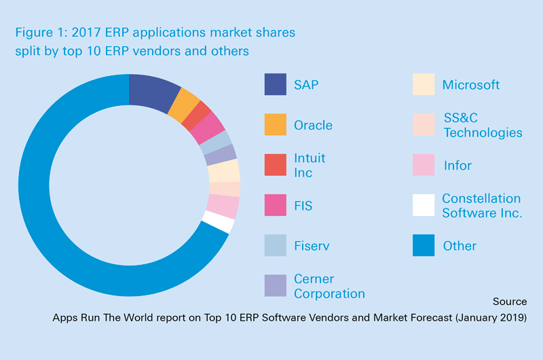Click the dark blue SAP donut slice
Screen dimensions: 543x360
coord(153,92)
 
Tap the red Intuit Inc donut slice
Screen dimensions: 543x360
coord(197,115)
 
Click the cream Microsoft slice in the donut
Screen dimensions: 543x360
coord(224,170)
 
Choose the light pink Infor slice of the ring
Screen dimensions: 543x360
coord(223,206)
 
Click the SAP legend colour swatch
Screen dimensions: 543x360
coord(276,84)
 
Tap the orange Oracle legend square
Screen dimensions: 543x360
coord(276,124)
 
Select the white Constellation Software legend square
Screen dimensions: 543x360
coord(424,205)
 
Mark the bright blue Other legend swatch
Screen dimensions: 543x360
coord(424,245)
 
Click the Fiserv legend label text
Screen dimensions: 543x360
coord(312,246)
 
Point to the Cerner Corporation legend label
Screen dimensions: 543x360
coord(329,286)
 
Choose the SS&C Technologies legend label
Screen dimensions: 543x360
coord(483,125)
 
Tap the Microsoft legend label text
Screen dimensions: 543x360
coord(471,84)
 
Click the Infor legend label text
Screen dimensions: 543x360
coord(457,165)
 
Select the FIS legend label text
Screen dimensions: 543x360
coord(303,205)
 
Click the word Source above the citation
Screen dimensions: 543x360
coord(510,302)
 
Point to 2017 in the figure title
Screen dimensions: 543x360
coord(86,32)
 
